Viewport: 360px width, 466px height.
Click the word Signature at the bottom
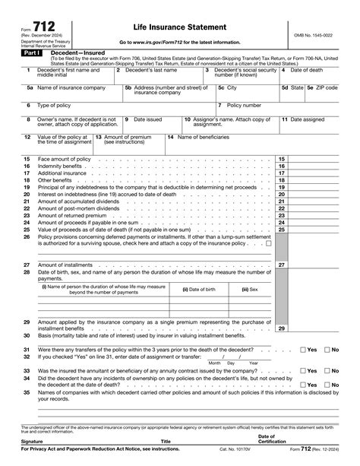coord(32,441)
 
